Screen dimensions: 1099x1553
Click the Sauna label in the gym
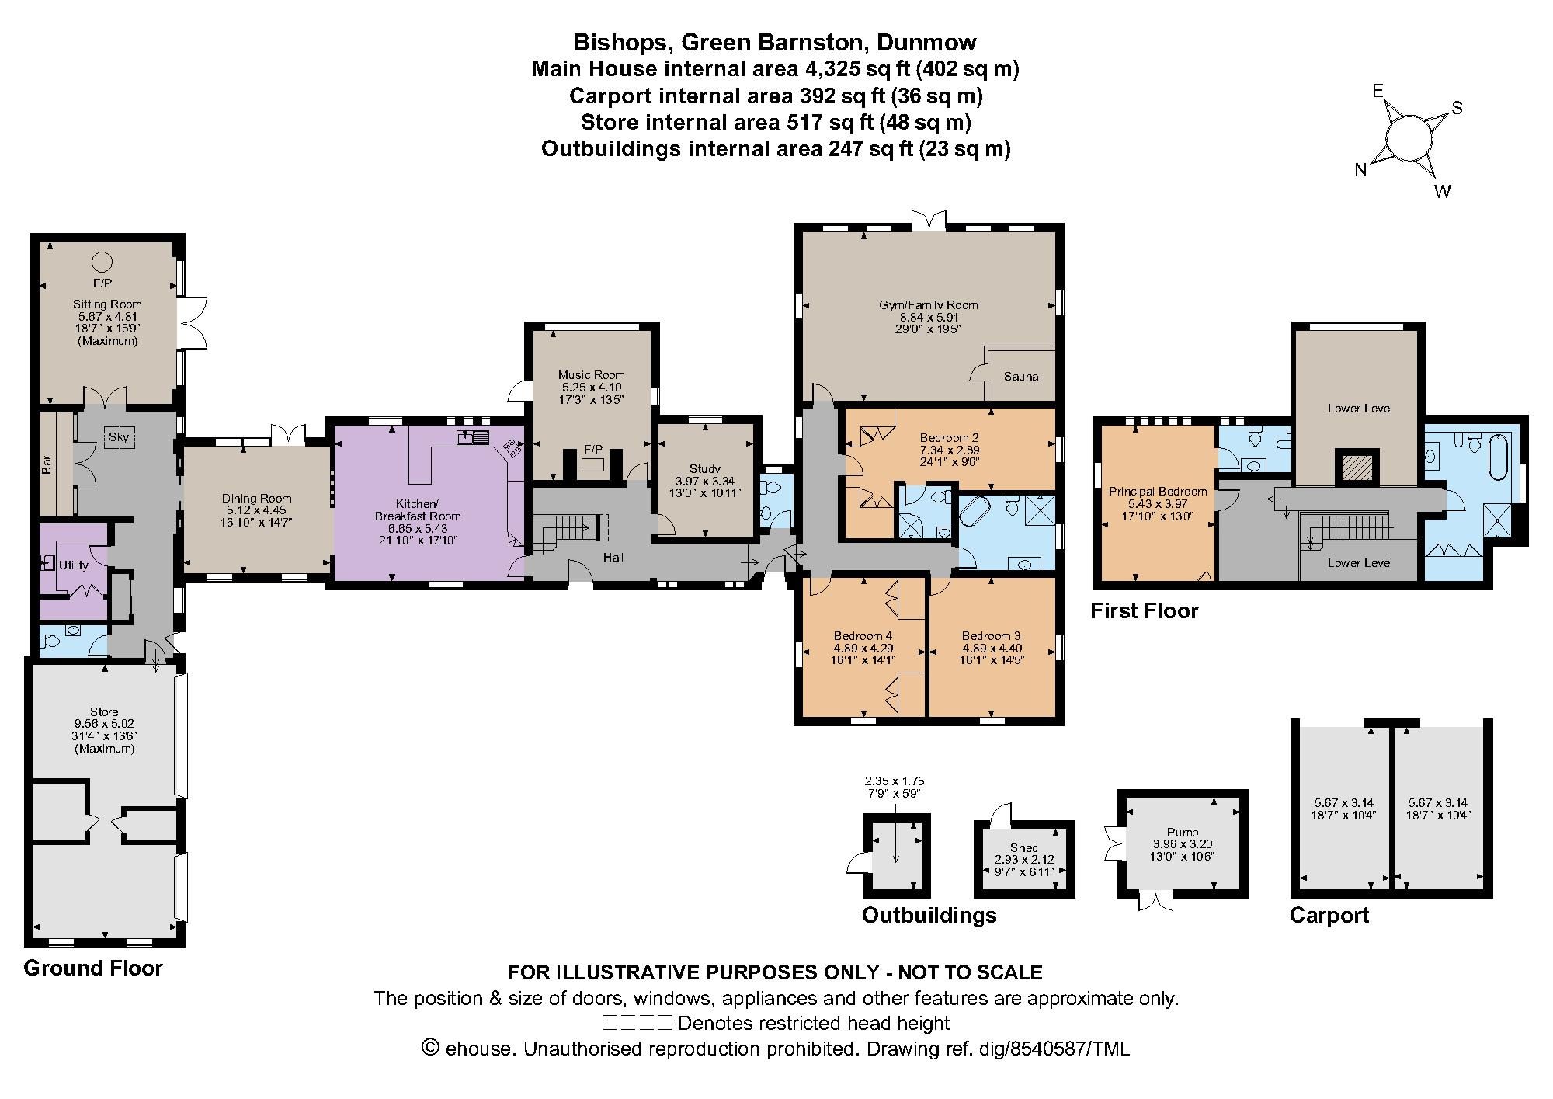[x=1020, y=377]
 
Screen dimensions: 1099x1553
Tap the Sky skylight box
[x=118, y=437]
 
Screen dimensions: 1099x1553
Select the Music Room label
[x=592, y=375]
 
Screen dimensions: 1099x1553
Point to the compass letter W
[x=1442, y=192]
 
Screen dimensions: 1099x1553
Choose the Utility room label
[x=74, y=565]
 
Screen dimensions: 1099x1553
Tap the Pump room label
[x=1183, y=832]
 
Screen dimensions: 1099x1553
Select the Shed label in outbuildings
[x=1024, y=847]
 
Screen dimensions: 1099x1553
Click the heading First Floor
[x=1144, y=610]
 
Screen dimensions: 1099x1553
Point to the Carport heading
[x=1329, y=915]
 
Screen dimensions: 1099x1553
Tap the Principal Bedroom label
[x=1157, y=492]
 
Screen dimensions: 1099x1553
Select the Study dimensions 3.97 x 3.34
[x=705, y=481]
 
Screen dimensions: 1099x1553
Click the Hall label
[x=613, y=557]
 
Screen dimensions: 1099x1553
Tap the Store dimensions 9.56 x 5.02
[x=104, y=724]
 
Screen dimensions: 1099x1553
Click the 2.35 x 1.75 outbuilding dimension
[x=895, y=781]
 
